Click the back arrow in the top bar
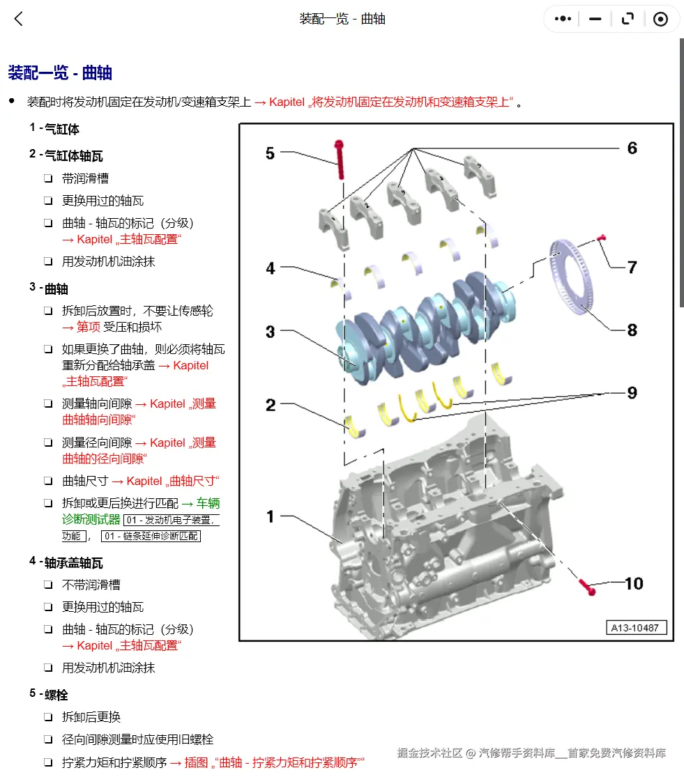pos(19,20)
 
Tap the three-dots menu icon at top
pos(563,20)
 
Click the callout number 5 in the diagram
pos(270,153)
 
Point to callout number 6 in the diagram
pos(632,148)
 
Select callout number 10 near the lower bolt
pos(633,583)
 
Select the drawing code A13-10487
pos(635,628)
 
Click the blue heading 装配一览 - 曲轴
pos(60,73)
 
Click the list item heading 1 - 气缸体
pos(54,129)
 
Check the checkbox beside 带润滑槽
pos(48,179)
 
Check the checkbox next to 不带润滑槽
pos(48,585)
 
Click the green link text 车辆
pos(208,503)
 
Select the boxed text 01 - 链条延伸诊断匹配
pos(151,536)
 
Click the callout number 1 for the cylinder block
pos(270,516)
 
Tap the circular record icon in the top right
pos(660,20)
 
